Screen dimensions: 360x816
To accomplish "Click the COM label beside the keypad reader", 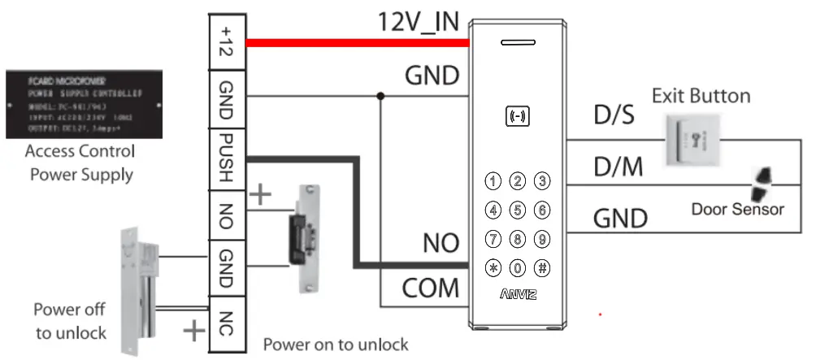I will (431, 288).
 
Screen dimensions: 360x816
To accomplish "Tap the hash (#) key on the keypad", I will (542, 267).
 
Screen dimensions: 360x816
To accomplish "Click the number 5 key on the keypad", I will (518, 210).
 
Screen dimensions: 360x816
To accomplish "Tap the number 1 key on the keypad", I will (493, 180).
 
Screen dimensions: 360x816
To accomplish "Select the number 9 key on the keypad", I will (542, 239).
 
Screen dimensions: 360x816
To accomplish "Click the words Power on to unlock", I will (335, 344).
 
